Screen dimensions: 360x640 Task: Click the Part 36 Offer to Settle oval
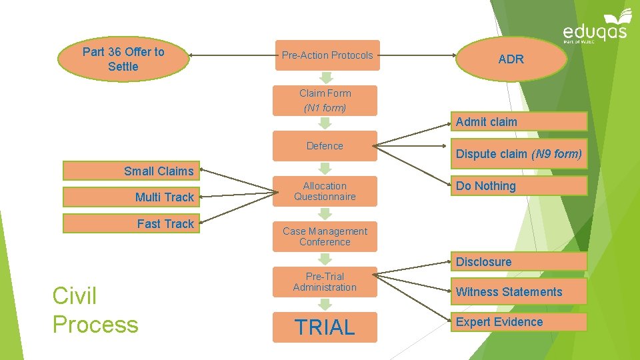click(123, 59)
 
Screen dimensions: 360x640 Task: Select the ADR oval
click(511, 59)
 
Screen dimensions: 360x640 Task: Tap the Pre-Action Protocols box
click(327, 55)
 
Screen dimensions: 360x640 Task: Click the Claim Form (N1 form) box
click(325, 100)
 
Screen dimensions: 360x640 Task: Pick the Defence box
click(325, 146)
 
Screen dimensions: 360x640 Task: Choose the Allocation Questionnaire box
click(325, 191)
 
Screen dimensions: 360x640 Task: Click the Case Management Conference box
click(325, 237)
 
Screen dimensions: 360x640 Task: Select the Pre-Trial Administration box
click(325, 282)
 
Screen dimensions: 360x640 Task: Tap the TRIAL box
click(325, 327)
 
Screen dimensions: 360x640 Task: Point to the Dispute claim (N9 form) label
click(519, 154)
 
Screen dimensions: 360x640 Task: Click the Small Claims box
click(131, 171)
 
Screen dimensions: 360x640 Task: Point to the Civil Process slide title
click(95, 310)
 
